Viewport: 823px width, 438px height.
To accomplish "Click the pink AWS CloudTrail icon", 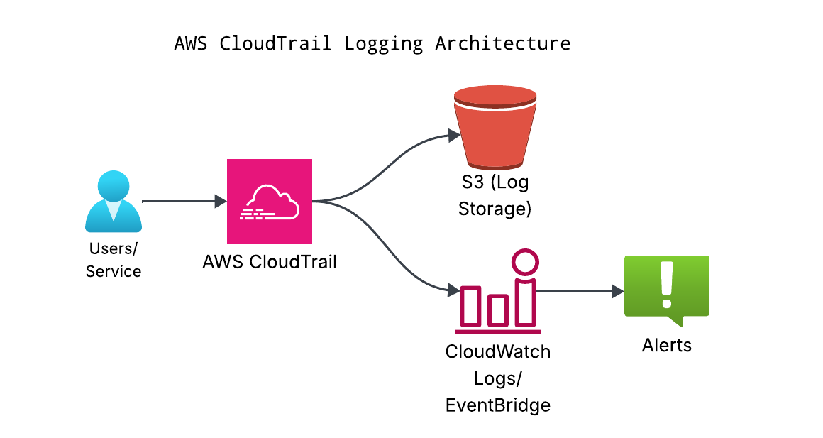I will pyautogui.click(x=269, y=201).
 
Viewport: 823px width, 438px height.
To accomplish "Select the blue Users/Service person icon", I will pyautogui.click(x=114, y=202).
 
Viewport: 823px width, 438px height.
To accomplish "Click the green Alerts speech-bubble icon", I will pyautogui.click(x=666, y=288).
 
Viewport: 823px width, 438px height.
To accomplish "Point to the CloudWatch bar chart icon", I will pyautogui.click(x=497, y=302).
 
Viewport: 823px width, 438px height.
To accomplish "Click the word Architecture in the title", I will pyautogui.click(x=502, y=43).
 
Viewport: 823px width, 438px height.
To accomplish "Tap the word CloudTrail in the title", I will pyautogui.click(x=275, y=43).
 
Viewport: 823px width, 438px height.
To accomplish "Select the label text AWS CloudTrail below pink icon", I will pyautogui.click(x=269, y=262).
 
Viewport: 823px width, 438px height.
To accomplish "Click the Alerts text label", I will pyautogui.click(x=666, y=346).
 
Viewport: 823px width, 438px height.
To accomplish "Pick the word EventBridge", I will pyautogui.click(x=497, y=405).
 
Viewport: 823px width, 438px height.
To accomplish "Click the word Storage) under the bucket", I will pyautogui.click(x=494, y=209).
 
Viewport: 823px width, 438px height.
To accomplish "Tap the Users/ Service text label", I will pyautogui.click(x=114, y=260).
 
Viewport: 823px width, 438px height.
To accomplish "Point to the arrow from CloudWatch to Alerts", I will pyautogui.click(x=578, y=291).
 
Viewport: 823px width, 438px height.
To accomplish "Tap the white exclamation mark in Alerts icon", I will pyautogui.click(x=665, y=283).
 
